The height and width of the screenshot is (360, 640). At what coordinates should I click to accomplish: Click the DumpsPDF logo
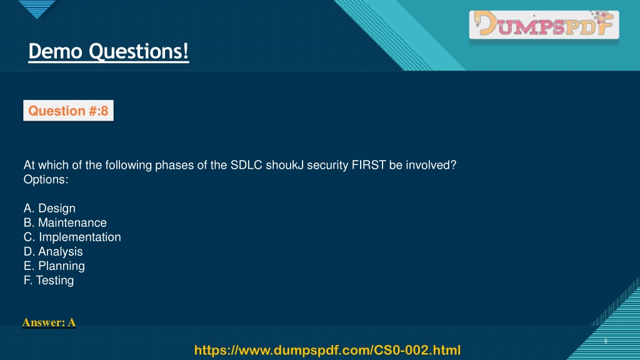[x=544, y=24]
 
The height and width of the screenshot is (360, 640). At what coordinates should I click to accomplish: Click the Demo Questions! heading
[x=109, y=52]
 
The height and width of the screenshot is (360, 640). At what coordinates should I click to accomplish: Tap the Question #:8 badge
[x=69, y=111]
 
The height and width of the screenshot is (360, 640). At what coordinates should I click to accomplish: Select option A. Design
[x=49, y=208]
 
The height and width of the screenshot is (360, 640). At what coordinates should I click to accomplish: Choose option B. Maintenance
[x=65, y=222]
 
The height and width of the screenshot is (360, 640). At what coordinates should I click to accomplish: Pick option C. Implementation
[x=72, y=237]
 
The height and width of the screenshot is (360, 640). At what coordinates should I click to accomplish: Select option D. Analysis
[x=53, y=251]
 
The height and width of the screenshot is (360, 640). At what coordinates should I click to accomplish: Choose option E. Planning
[x=54, y=266]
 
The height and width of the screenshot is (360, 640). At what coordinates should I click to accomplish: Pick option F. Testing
[x=49, y=281]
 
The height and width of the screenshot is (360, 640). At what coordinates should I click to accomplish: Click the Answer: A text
[x=49, y=322]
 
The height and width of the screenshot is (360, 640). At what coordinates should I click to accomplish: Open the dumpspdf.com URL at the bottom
[x=327, y=350]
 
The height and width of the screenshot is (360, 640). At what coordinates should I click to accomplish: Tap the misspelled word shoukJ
[x=285, y=165]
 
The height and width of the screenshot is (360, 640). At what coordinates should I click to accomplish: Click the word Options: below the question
[x=46, y=179]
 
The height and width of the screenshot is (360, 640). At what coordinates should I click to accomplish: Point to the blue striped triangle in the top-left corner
[x=37, y=8]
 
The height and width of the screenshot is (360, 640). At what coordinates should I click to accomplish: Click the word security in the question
[x=327, y=165]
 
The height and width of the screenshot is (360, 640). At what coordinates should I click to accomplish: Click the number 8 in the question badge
[x=104, y=111]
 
